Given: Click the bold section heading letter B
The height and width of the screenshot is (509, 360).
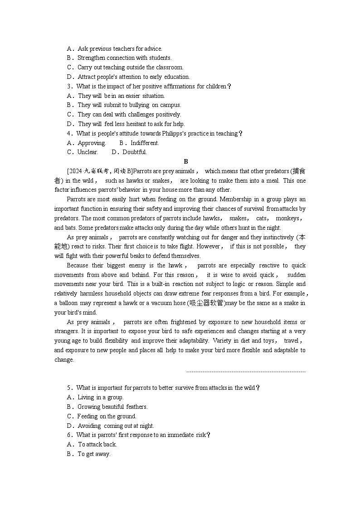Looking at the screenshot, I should coord(186,161).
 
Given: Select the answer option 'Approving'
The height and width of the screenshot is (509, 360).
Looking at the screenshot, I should coord(92,143).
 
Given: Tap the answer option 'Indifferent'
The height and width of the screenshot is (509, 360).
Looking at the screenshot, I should coord(145,143).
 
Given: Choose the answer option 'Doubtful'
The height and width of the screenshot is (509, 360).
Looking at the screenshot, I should coord(135,152).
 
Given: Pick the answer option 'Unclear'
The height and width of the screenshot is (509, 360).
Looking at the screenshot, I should coord(88,152).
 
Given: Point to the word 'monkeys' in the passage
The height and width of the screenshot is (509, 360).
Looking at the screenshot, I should coord(289,218).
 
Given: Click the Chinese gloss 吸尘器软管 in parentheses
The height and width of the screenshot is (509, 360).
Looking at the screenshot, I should coord(206,303).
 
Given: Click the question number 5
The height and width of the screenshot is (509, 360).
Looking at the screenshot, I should coord(69,388).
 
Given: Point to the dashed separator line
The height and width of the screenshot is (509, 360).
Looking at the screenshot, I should coord(246,372).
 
